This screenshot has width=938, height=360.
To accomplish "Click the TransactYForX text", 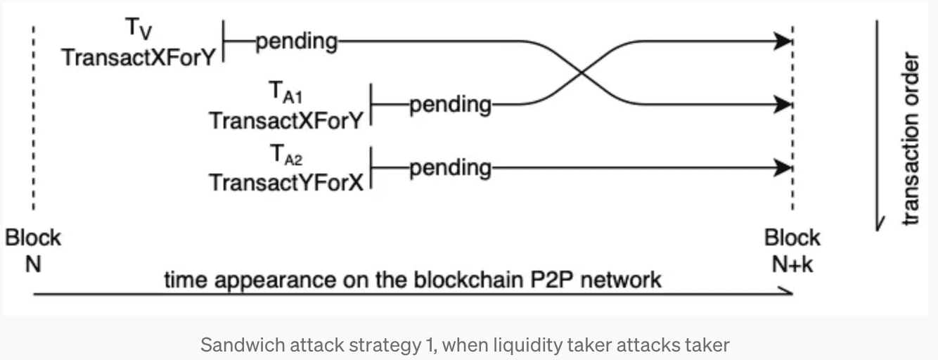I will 285,182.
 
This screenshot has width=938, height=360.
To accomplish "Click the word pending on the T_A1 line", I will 450,105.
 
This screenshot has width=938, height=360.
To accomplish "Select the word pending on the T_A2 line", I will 450,169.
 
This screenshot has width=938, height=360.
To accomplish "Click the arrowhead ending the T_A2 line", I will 783,169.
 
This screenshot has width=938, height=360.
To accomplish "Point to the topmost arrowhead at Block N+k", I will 783,42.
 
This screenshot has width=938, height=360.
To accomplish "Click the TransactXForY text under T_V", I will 138,57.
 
